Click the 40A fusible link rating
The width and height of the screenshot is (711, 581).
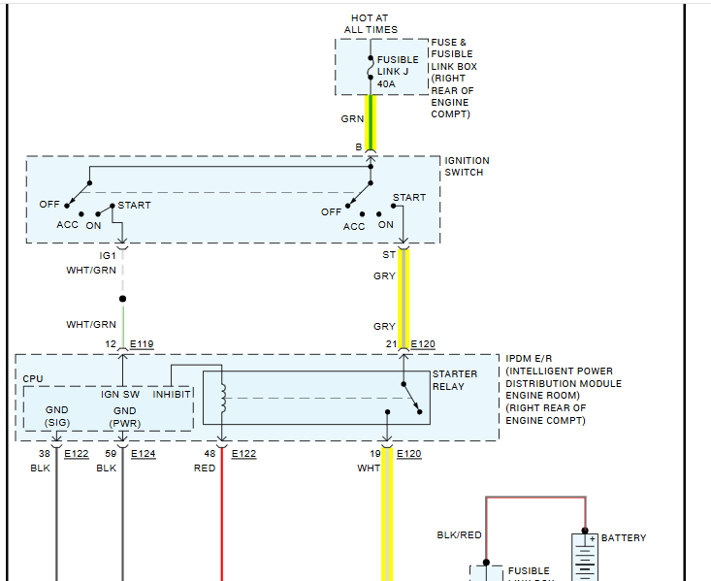pos(386,84)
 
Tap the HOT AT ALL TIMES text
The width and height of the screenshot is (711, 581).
pos(370,24)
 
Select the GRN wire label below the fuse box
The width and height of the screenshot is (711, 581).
pos(352,119)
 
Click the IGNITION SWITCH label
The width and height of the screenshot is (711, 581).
pos(467,167)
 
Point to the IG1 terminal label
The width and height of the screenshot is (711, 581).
pos(108,255)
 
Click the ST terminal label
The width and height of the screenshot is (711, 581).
pos(388,255)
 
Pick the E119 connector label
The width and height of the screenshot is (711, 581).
pos(141,344)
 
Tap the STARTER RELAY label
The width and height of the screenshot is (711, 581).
pos(455,380)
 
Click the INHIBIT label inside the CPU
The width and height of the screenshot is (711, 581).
pos(172,394)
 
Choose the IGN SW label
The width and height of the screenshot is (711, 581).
pos(120,394)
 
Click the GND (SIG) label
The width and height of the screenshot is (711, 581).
pos(56,416)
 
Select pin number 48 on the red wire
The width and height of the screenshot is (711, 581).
pos(210,453)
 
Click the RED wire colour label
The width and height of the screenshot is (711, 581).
pos(204,468)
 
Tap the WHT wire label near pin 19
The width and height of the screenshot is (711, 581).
pos(369,468)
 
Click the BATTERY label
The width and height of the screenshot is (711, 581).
pos(624,538)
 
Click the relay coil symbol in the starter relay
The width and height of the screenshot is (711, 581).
pos(222,396)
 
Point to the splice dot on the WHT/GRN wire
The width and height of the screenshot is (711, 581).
pos(122,299)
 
